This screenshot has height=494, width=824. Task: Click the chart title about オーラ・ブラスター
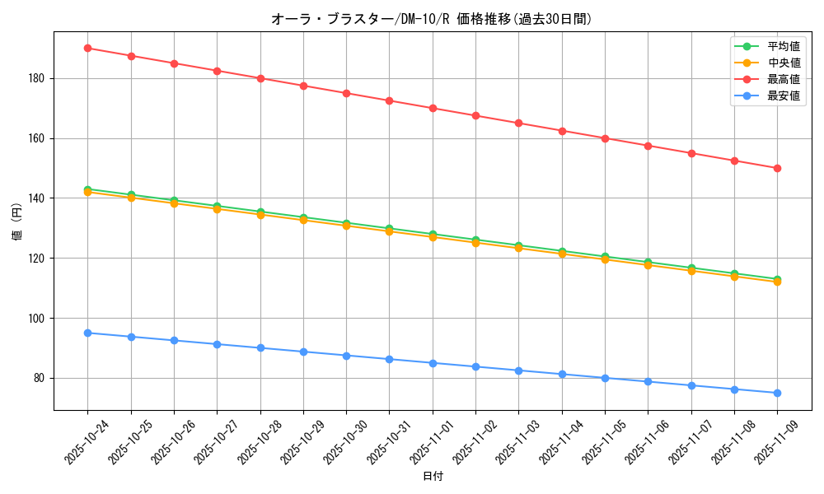(x=431, y=19)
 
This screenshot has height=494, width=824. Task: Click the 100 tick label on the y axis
(x=39, y=318)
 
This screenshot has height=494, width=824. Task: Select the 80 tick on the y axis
(x=41, y=378)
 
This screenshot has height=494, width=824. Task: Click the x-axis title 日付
(x=433, y=477)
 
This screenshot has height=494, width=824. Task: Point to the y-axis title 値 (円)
(x=17, y=223)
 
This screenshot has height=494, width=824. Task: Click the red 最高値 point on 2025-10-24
(x=87, y=48)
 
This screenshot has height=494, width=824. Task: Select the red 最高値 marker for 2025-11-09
(x=777, y=168)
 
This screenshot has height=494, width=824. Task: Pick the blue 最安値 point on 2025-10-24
(x=87, y=333)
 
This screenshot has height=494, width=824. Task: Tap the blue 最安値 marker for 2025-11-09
(x=777, y=393)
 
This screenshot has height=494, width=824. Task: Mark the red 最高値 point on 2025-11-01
(x=433, y=108)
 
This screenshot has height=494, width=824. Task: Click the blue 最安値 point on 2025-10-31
(x=389, y=359)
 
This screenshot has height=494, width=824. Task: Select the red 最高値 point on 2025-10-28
(x=260, y=78)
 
